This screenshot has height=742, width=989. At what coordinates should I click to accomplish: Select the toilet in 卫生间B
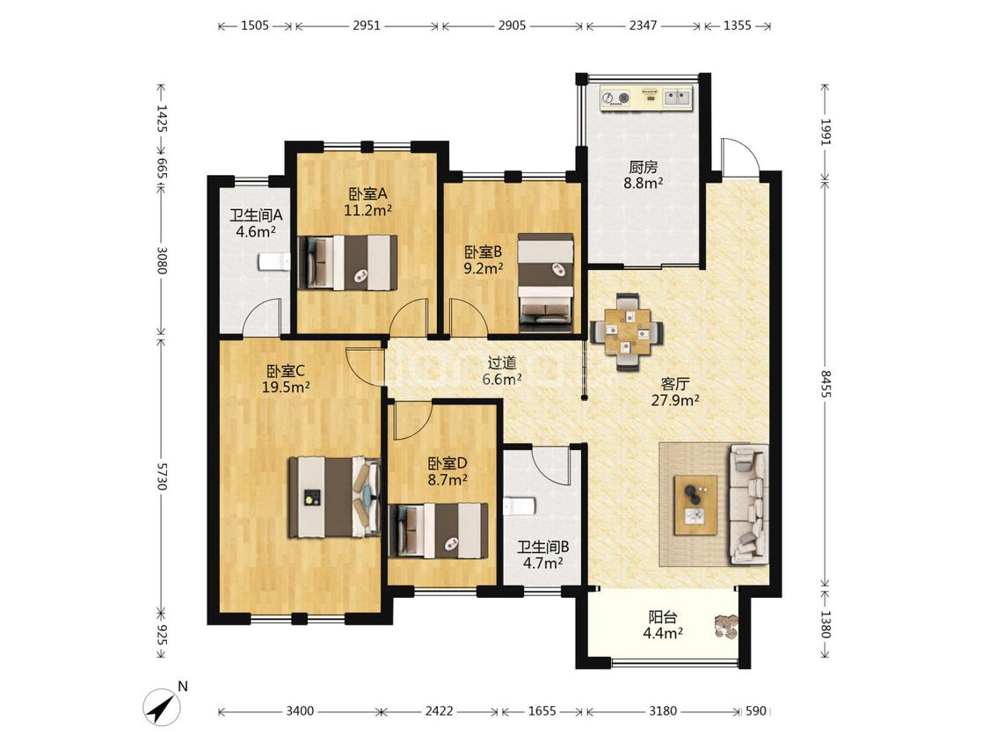520,506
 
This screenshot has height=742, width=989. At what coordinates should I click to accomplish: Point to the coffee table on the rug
695,505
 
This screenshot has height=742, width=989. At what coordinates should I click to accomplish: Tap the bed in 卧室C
335,498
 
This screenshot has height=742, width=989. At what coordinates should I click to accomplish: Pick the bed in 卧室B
546,282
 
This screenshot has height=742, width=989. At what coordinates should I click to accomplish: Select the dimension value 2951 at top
367,25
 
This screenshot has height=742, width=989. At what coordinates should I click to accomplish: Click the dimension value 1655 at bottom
542,711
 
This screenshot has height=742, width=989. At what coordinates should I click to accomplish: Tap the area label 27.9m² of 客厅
675,399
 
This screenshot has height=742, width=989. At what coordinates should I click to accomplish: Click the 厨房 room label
644,167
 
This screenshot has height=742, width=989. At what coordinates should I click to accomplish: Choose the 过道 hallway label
502,363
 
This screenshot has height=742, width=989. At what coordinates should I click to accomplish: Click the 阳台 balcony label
663,617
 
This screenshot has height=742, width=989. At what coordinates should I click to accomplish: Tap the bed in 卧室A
347,263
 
